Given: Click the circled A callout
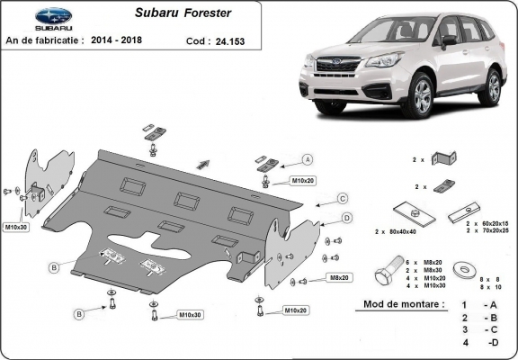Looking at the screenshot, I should point(307,158).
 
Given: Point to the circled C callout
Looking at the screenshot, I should point(343,198).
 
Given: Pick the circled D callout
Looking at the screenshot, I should point(346,218).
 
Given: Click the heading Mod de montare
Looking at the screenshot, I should point(405,304).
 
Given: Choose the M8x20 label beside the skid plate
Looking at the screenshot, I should point(340,278).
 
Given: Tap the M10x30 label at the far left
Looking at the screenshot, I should point(16,226).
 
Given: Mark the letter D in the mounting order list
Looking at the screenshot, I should point(493,344).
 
